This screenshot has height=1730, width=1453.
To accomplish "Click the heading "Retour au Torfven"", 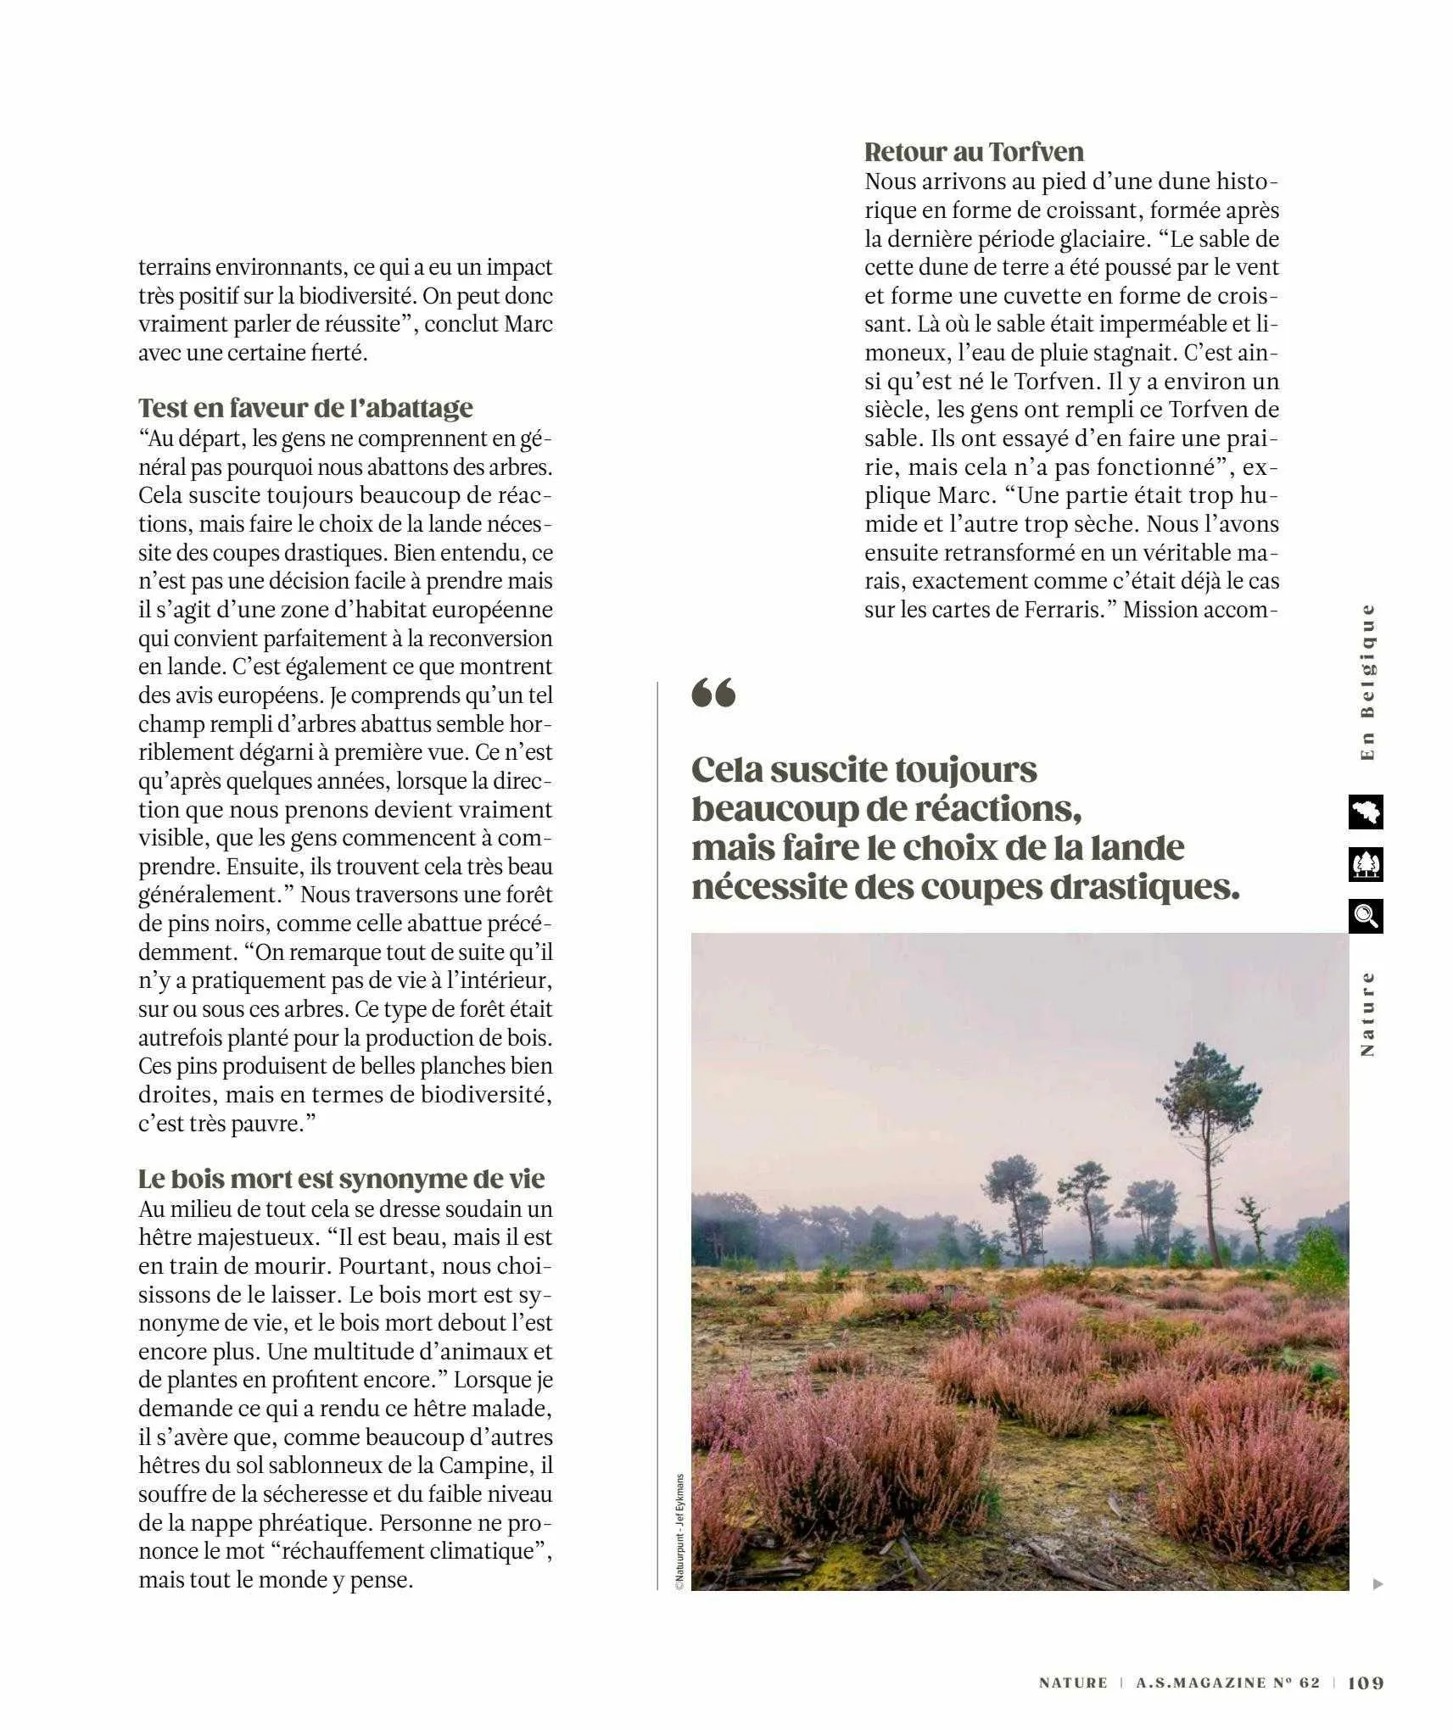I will point(974,152).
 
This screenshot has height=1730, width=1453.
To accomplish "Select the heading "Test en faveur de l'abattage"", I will point(305,408).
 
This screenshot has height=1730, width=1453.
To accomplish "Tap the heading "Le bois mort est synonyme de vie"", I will point(341,1179).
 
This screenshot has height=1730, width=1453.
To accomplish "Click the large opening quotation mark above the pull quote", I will point(713,693).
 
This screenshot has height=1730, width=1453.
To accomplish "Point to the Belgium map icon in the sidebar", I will point(1365,812).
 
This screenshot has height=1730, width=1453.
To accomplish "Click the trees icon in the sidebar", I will point(1365,864).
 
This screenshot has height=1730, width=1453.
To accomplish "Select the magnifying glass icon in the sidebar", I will point(1365,917).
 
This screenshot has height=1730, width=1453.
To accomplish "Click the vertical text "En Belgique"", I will point(1366,683).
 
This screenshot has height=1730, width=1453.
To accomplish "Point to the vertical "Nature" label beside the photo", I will point(1366,1013).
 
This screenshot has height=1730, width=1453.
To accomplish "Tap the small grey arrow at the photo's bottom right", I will point(1378,1583).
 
